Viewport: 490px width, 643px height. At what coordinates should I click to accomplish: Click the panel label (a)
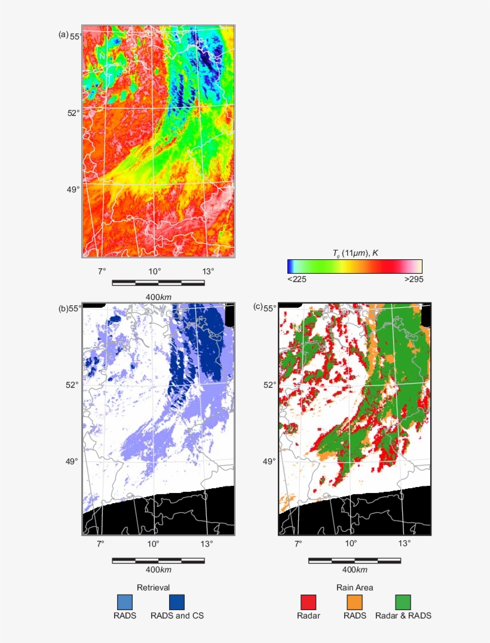[63, 35]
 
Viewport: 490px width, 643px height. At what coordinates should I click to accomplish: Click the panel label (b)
[63, 308]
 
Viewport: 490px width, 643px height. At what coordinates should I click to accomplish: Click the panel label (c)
[258, 307]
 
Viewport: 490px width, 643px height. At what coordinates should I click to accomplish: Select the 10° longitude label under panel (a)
[155, 271]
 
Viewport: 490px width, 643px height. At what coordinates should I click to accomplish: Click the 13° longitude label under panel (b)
[207, 544]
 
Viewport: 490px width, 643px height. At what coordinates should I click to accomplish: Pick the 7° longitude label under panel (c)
[298, 544]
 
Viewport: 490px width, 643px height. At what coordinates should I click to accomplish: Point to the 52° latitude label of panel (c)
[270, 384]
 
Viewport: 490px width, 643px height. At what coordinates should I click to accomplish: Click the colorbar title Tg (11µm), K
[355, 253]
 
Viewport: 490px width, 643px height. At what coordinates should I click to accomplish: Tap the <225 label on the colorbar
[297, 279]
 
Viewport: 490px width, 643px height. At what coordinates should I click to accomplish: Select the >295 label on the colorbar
[413, 279]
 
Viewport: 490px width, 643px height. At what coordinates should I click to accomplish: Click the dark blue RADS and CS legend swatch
[177, 602]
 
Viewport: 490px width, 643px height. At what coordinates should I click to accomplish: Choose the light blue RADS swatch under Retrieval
[125, 602]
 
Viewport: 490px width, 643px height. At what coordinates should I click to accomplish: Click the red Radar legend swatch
[308, 602]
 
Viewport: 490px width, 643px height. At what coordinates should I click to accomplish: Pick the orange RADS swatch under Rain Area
[354, 602]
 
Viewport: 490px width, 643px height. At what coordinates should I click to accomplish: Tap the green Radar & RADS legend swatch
[403, 602]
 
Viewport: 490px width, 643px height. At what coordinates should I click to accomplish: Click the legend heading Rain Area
[354, 587]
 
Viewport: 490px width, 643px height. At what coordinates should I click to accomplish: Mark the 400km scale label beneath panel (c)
[354, 570]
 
